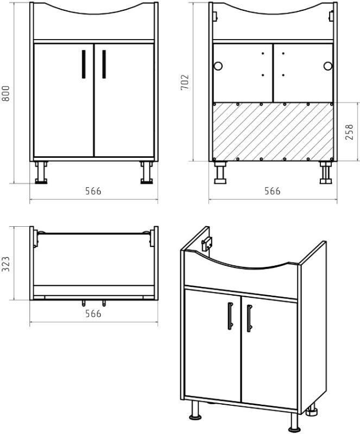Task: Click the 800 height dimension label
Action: click(x=6, y=93)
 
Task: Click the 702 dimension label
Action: click(x=185, y=82)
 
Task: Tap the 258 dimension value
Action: click(x=350, y=132)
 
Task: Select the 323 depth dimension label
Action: click(x=6, y=264)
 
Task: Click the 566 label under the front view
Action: click(x=93, y=191)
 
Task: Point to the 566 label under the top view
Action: click(x=93, y=314)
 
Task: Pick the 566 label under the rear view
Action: click(x=272, y=191)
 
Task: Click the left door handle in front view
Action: click(x=84, y=64)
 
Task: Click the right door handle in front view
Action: click(x=104, y=64)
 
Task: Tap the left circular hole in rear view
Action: click(x=218, y=66)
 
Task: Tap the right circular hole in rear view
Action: click(x=328, y=66)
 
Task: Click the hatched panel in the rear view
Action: click(x=273, y=132)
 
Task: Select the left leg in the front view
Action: click(x=41, y=173)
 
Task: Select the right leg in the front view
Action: click(x=146, y=173)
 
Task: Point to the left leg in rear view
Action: click(x=220, y=173)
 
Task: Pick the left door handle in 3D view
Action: click(x=230, y=316)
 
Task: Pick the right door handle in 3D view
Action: click(x=249, y=318)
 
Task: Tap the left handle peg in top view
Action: click(x=84, y=303)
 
